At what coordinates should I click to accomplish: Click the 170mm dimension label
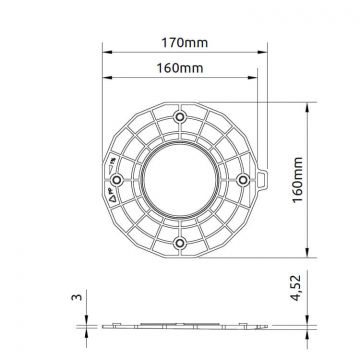(x=180, y=44)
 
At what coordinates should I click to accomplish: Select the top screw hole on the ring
(x=180, y=117)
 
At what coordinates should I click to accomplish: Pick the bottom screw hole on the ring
(x=180, y=242)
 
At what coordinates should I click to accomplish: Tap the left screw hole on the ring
(x=117, y=179)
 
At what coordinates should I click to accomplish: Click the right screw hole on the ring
(x=243, y=179)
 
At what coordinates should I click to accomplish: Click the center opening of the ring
(x=180, y=179)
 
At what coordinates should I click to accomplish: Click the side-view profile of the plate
(x=180, y=325)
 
